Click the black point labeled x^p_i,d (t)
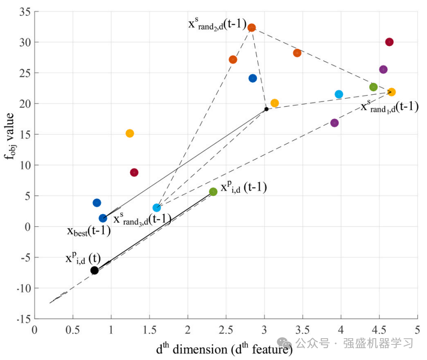pyautogui.click(x=94, y=270)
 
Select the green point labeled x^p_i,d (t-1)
pyautogui.click(x=213, y=192)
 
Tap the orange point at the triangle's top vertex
pyautogui.click(x=252, y=28)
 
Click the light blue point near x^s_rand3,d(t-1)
pyautogui.click(x=157, y=208)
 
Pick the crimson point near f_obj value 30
pyautogui.click(x=390, y=42)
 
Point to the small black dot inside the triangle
pyautogui.click(x=266, y=109)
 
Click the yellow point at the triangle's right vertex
pyautogui.click(x=391, y=92)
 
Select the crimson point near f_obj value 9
pyautogui.click(x=134, y=173)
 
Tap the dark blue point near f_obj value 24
pyautogui.click(x=253, y=78)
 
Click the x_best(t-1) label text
pyautogui.click(x=89, y=231)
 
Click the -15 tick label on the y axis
pyautogui.click(x=22, y=319)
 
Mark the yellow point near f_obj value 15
pyautogui.click(x=130, y=133)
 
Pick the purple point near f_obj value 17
pyautogui.click(x=335, y=123)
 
